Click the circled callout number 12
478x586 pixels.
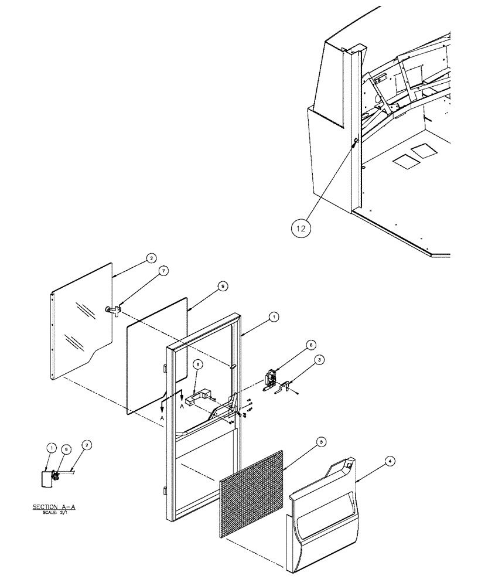300,229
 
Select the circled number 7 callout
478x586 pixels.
164,270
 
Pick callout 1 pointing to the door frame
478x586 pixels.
273,316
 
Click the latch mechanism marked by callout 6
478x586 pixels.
271,379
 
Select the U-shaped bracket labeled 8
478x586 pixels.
199,394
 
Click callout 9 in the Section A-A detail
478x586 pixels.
67,448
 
